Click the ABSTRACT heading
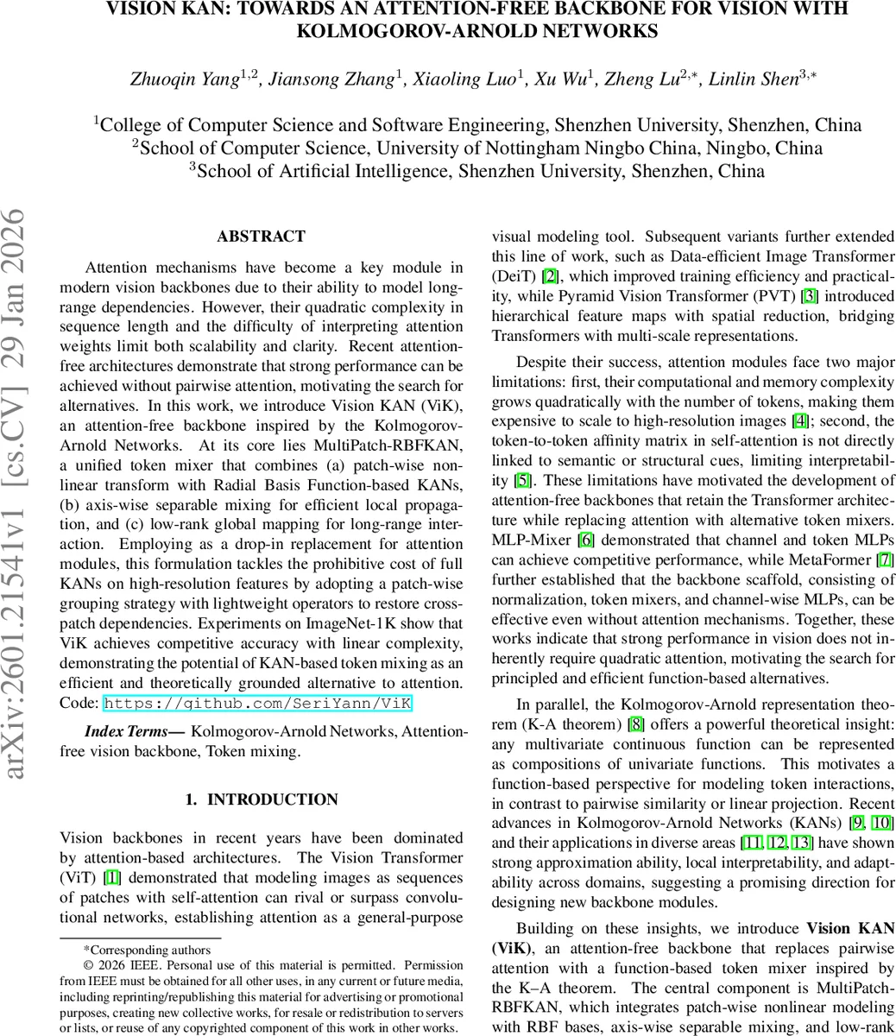261,237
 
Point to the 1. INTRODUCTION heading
262,799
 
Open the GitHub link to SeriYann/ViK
257,704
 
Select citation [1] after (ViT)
112,878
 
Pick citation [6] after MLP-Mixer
585,540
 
